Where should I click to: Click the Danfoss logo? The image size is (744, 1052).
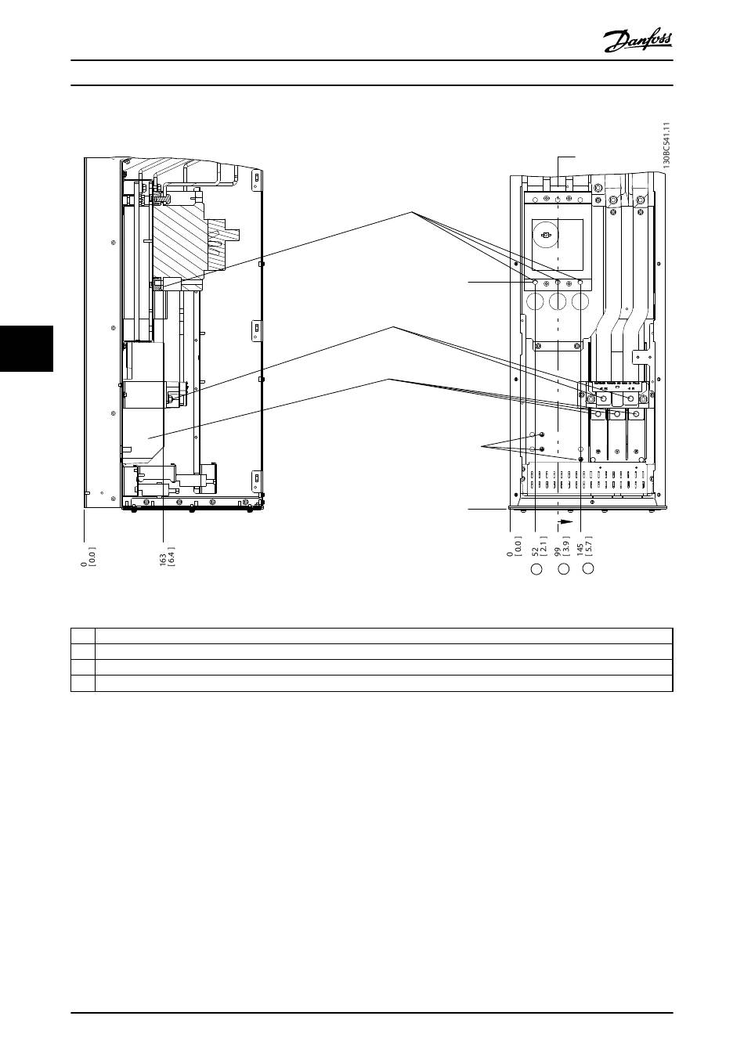pyautogui.click(x=637, y=41)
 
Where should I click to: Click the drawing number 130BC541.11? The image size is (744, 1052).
pyautogui.click(x=666, y=146)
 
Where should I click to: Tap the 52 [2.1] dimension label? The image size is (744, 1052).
pyautogui.click(x=540, y=546)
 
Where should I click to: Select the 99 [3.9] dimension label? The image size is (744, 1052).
pyautogui.click(x=562, y=546)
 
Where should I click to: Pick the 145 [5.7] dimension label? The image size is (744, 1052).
pyautogui.click(x=584, y=546)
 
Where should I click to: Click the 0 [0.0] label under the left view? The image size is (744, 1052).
pyautogui.click(x=88, y=557)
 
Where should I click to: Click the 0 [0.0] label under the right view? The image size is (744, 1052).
pyautogui.click(x=515, y=546)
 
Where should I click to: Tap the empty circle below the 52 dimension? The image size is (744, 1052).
pyautogui.click(x=536, y=569)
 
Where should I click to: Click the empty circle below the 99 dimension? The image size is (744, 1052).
pyautogui.click(x=562, y=569)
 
